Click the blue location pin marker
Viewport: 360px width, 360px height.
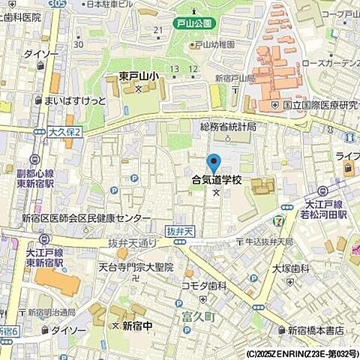214,163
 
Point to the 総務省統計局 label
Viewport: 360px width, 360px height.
229,127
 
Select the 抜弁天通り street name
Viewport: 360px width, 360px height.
132,243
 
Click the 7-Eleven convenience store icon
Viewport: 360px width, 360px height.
279,221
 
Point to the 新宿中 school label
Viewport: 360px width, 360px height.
137,325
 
